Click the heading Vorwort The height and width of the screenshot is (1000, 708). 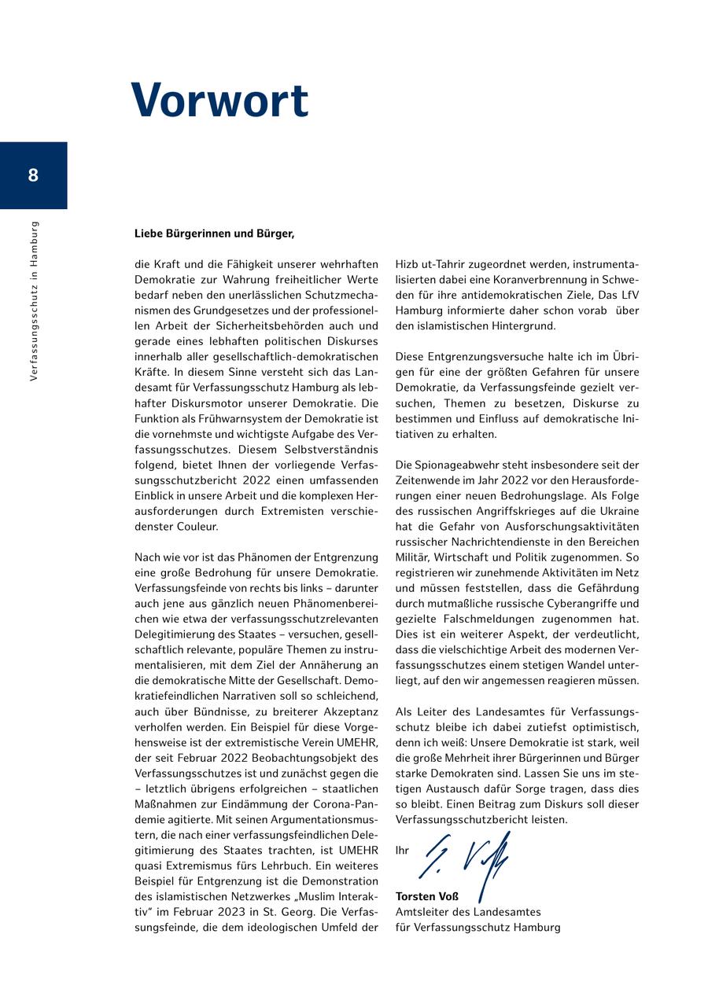pos(219,101)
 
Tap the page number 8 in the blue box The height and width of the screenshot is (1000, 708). pos(33,175)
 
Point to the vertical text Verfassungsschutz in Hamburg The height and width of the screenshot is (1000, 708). pos(34,301)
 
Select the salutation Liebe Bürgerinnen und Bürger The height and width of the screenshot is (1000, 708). pos(214,233)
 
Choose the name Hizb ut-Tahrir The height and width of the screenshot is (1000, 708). pos(427,265)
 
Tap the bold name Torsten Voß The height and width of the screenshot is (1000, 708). pos(427,897)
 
